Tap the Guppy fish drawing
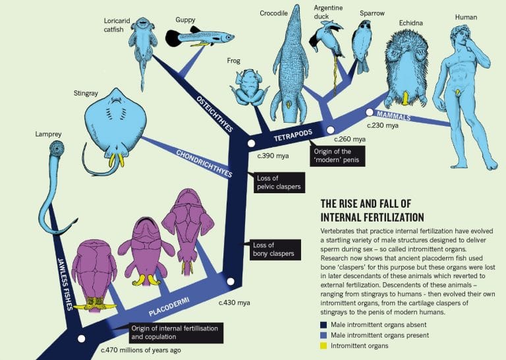[198, 38]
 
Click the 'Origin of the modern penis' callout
[338, 156]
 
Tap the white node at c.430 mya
[231, 282]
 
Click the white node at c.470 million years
[81, 339]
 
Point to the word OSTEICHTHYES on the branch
[215, 114]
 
